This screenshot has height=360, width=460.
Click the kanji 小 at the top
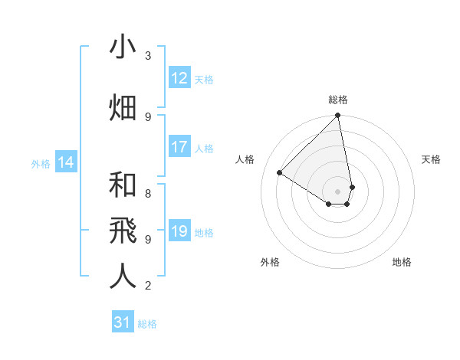coord(123,47)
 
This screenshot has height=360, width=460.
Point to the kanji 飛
coord(123,230)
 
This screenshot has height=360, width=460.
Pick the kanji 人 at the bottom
coord(123,277)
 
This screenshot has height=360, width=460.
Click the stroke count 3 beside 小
coord(147,56)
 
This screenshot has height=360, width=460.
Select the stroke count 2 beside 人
coord(147,286)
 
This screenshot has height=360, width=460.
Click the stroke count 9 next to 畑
coord(147,116)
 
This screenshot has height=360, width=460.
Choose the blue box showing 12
coord(179,78)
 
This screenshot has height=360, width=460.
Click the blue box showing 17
coord(179,148)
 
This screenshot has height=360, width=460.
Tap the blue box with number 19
coord(179,232)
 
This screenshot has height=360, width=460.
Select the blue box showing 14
coord(66,162)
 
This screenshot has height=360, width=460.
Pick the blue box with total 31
coord(123,323)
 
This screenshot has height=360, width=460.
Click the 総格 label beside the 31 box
coord(147,324)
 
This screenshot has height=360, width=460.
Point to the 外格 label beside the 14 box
coord(41,163)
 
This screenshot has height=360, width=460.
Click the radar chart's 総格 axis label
coord(338,100)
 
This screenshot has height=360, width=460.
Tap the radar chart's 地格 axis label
coord(402,262)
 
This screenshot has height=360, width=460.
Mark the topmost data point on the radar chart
coord(338,116)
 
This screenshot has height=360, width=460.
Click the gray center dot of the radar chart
coord(338,191)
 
